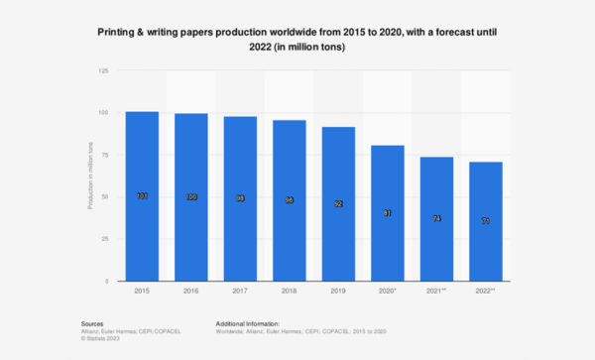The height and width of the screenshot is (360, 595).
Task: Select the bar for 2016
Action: point(191,197)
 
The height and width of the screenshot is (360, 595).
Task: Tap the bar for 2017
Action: point(239,199)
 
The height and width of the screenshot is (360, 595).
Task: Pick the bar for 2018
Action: point(288,201)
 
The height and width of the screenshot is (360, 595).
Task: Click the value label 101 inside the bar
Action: point(143,196)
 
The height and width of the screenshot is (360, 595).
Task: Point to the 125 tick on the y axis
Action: point(105,70)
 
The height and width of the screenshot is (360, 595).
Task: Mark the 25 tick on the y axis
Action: point(106,239)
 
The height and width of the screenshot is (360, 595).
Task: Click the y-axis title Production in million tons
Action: point(91,177)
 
